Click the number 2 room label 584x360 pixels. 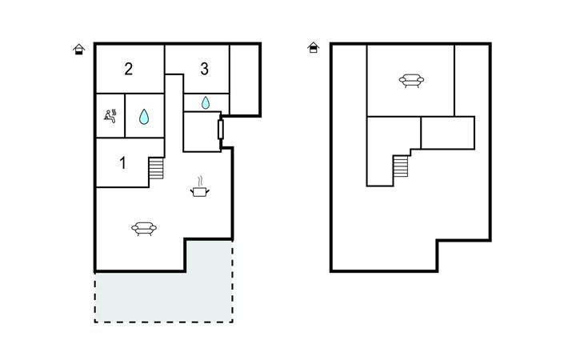click(129, 69)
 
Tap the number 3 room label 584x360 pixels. click(205, 69)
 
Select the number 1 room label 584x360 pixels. click(123, 162)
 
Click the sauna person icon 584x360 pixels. click(110, 115)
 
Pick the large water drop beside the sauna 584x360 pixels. click(144, 117)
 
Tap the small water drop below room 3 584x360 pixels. click(206, 102)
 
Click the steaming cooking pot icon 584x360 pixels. click(200, 186)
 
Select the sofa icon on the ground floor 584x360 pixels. click(144, 228)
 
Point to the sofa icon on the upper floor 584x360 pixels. click(411, 81)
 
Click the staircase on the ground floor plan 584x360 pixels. click(156, 168)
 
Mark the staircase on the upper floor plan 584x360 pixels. click(401, 166)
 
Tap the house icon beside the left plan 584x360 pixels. click(78, 49)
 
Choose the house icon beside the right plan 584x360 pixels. click(314, 47)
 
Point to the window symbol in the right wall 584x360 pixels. click(221, 130)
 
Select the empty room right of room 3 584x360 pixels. click(244, 80)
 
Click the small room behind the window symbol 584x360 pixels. click(201, 131)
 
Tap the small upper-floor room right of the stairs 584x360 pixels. click(448, 133)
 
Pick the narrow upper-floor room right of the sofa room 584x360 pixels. click(471, 81)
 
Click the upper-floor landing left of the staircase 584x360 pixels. click(380, 151)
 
